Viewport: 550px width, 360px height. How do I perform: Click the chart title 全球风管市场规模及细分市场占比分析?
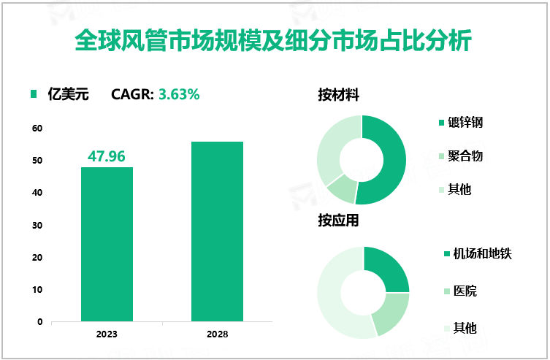click(274, 40)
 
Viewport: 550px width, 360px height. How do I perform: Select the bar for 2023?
click(107, 244)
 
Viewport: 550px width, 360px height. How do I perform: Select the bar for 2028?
click(217, 231)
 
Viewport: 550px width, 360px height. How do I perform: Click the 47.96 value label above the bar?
click(107, 156)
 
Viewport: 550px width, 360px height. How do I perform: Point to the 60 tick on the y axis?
click(37, 129)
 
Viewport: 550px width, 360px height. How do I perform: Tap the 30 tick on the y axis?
click(37, 225)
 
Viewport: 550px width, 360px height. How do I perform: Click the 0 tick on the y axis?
click(39, 321)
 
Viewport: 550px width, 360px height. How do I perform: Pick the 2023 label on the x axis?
click(107, 334)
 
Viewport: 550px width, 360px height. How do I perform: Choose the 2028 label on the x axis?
click(217, 334)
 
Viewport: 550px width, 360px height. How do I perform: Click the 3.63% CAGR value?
click(179, 93)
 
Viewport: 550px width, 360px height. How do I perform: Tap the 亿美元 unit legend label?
click(68, 93)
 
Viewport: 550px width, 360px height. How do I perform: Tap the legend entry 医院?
click(465, 291)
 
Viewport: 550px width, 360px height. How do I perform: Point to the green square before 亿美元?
click(32, 93)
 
